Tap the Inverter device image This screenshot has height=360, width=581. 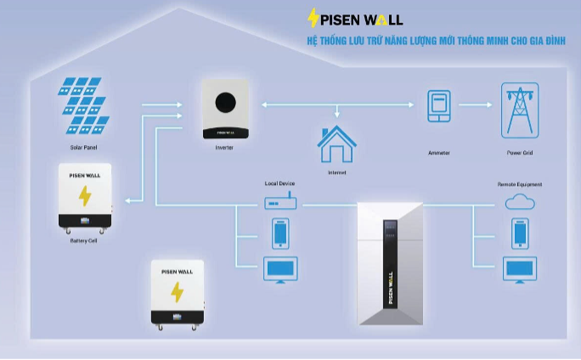pos(226,110)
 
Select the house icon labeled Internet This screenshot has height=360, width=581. pos(336,144)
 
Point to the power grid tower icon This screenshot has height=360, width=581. pos(520,110)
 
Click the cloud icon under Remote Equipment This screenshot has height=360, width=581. pos(519,202)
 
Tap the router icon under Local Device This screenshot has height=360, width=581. pos(279,204)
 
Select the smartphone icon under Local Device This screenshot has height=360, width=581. pos(280,233)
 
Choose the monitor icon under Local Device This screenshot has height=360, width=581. pos(280,269)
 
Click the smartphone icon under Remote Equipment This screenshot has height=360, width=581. pos(519,233)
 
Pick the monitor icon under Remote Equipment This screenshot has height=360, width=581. pos(519,269)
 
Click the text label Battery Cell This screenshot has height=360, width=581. pos(84,241)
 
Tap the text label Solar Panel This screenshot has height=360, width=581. pos(85,147)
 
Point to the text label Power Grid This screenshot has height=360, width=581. pos(520,153)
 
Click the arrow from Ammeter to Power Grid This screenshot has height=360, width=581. pos(477,106)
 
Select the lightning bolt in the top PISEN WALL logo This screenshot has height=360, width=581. pos(313,19)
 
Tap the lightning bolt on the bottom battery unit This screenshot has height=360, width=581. pos(178,292)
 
